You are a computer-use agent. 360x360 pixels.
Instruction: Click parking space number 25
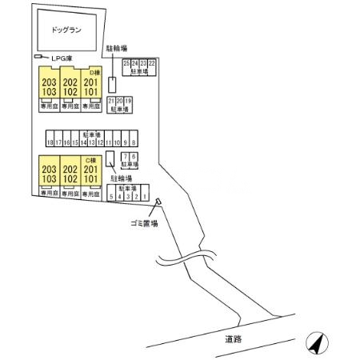click(126, 62)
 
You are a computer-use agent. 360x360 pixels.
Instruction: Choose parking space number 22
click(152, 62)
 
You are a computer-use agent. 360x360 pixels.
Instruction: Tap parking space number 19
click(129, 102)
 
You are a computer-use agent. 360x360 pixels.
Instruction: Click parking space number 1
click(146, 196)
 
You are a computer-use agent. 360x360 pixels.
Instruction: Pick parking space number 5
click(110, 196)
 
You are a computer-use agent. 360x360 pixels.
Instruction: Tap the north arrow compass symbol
click(317, 344)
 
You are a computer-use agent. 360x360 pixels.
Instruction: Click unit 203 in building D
click(50, 82)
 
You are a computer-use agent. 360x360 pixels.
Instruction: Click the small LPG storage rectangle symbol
click(37, 58)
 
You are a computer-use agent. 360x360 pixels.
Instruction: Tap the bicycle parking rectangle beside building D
click(114, 84)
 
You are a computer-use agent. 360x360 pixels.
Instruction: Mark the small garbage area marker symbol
click(158, 202)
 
